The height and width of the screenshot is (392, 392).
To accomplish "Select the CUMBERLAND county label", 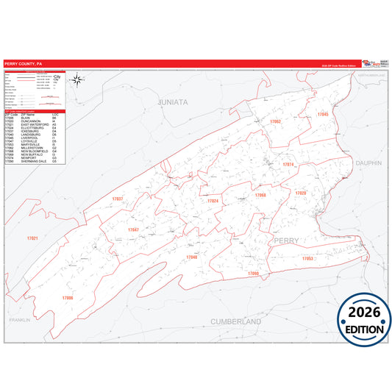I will (236, 322).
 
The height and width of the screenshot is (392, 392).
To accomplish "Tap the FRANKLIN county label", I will (21, 321).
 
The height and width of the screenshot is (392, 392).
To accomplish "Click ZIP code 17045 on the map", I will (323, 115).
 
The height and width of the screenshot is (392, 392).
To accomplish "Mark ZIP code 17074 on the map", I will (288, 164).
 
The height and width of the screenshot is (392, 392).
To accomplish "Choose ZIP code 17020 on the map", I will (300, 193).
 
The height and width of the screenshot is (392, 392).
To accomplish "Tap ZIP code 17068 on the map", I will (260, 195).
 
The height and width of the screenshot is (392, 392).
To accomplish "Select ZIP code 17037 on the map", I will (118, 199).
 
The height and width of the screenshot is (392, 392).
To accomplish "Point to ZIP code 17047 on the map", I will (133, 229).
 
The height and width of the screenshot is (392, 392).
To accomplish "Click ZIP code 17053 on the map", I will (307, 259).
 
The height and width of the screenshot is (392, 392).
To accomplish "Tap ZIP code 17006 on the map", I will (68, 297).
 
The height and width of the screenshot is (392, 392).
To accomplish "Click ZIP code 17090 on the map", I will (254, 273).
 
